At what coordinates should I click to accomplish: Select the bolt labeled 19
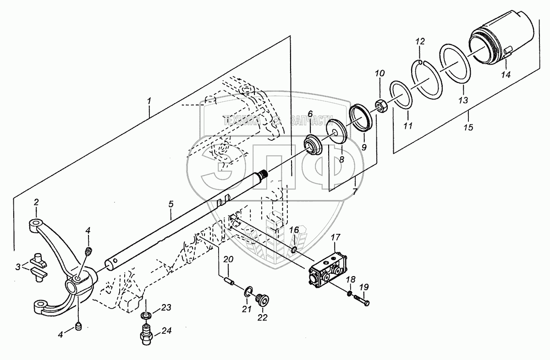[x=362, y=301]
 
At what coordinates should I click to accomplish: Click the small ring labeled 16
[x=294, y=249]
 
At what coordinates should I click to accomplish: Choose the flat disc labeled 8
[x=337, y=132]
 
